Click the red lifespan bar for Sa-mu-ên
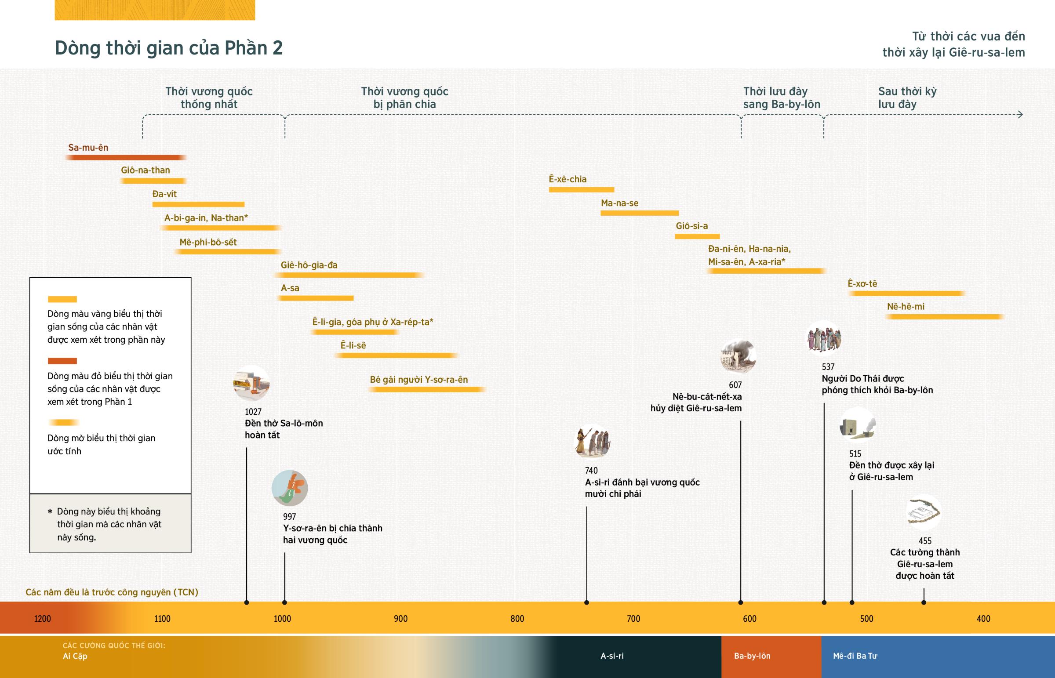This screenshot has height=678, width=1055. point(125,158)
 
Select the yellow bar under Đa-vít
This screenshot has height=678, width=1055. point(198,204)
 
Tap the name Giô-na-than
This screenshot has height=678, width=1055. point(146,170)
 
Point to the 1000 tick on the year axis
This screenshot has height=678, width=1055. point(282,619)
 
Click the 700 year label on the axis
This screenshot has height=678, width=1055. point(633,619)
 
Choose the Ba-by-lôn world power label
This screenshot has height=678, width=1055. point(752,656)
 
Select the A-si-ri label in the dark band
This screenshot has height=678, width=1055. point(612,656)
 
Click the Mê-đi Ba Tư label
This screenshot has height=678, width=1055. point(855,656)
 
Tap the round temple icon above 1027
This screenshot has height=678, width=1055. point(251,383)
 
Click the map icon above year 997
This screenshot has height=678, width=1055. point(290,488)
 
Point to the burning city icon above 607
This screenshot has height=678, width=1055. point(738,356)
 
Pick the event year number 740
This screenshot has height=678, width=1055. point(591,471)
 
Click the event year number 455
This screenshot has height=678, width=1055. point(925,541)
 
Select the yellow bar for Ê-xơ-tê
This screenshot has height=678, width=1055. point(906,294)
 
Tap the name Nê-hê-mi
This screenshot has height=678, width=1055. point(906,306)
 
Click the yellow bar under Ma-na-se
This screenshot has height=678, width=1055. point(639,213)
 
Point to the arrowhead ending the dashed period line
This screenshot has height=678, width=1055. point(1020,115)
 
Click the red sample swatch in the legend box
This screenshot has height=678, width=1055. point(62,361)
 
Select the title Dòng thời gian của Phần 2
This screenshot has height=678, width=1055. point(169,48)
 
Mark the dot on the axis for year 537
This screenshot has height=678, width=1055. point(824,602)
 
